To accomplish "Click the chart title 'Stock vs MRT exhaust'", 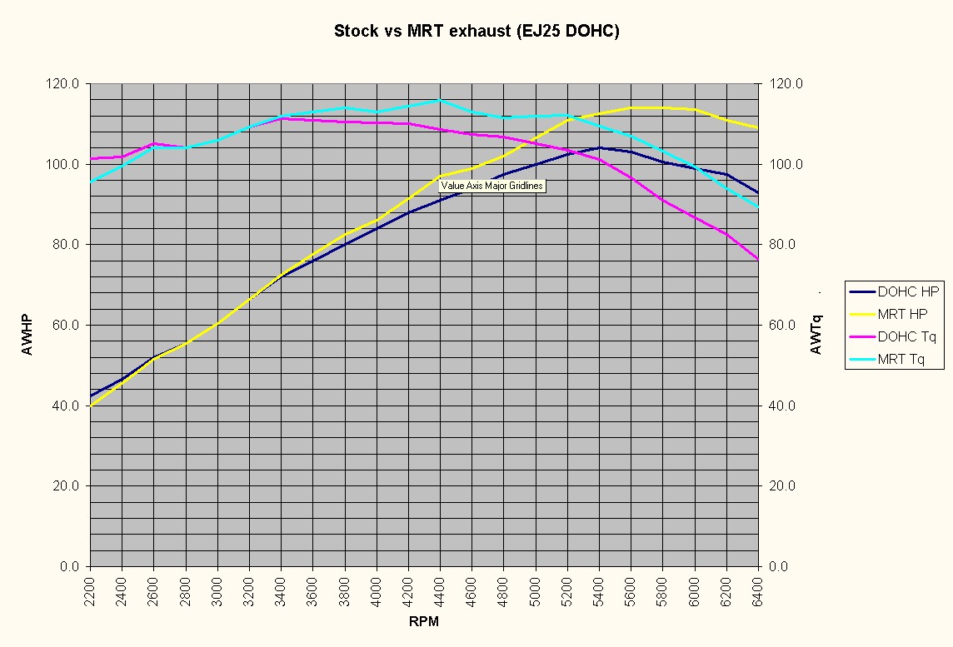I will pos(476,32).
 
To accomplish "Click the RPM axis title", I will pos(424,622).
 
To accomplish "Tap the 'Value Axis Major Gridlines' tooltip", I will pos(492,186).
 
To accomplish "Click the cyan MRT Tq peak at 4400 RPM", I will pos(440,100).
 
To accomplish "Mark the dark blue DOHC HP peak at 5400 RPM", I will pos(600,147).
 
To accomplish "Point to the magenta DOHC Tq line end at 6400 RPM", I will pos(758,260).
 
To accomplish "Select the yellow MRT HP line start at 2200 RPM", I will pos(91,406).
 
